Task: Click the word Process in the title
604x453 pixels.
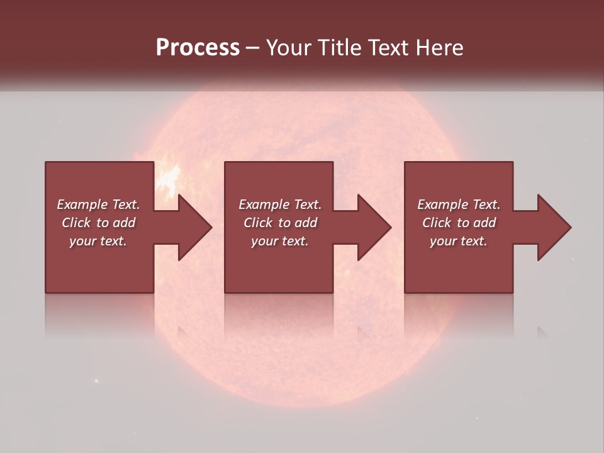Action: (198, 48)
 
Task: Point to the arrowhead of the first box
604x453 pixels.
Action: (195, 227)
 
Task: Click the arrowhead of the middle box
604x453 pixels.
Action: (374, 227)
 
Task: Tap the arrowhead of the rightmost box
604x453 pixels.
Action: (554, 227)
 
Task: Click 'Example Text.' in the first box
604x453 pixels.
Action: (98, 204)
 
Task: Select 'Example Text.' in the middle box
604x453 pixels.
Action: (280, 204)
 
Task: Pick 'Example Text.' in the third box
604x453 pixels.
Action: (459, 204)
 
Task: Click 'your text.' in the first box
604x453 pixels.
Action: (98, 241)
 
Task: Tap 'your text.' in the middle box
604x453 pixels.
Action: (280, 241)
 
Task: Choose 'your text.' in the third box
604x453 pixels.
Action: (459, 241)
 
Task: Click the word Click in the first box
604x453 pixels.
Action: (76, 223)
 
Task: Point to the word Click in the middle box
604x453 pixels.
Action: (258, 223)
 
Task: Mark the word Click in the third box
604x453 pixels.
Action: (437, 223)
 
